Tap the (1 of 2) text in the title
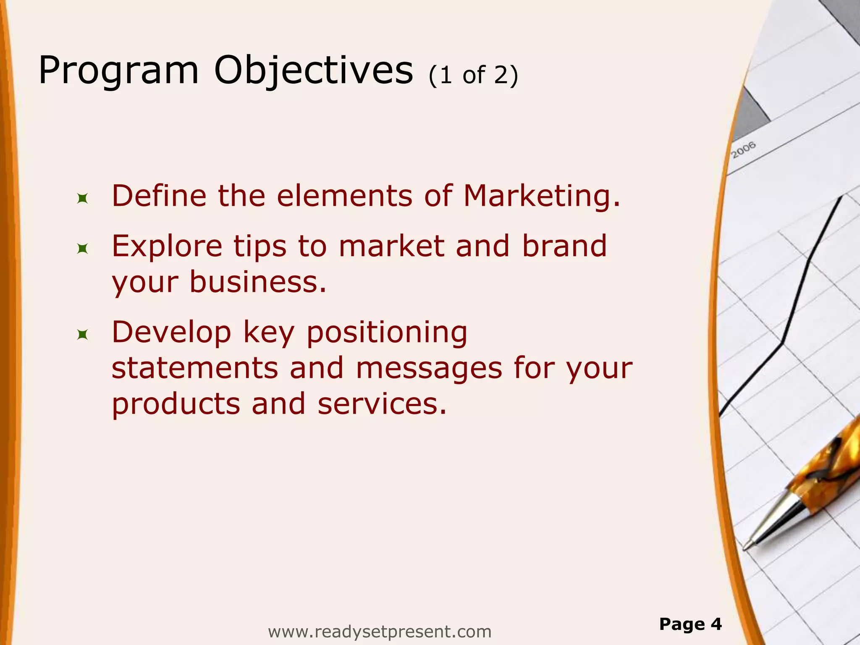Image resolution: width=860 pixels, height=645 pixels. [473, 76]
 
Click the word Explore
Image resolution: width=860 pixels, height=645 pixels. [167, 247]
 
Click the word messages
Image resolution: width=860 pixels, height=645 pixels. [429, 368]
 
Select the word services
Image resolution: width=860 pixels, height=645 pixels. [381, 404]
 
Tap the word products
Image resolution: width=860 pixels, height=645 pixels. [176, 404]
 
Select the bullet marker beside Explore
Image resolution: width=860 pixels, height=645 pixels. [82, 249]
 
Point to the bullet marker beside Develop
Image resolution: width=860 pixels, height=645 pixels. [82, 335]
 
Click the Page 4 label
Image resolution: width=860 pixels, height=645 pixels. [690, 624]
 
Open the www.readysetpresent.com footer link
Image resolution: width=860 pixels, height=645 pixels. [379, 632]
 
